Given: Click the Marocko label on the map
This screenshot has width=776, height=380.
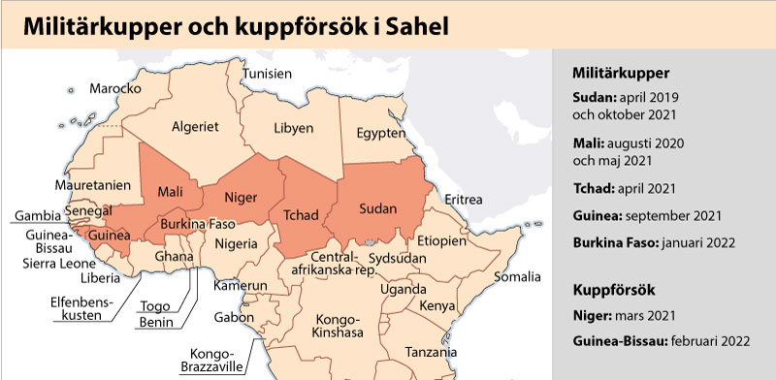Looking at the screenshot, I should [115, 88].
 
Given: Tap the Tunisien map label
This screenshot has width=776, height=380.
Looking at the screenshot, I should [267, 74].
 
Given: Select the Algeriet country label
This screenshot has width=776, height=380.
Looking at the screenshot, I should [195, 126].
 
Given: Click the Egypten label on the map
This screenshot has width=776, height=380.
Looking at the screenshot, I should [380, 132].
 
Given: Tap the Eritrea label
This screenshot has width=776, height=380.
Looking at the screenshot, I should [464, 200].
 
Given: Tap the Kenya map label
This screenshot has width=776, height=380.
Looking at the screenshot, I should [437, 307].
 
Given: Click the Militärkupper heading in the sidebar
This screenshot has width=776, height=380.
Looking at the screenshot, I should [621, 73].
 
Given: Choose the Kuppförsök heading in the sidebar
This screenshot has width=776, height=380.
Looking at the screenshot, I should [614, 289].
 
